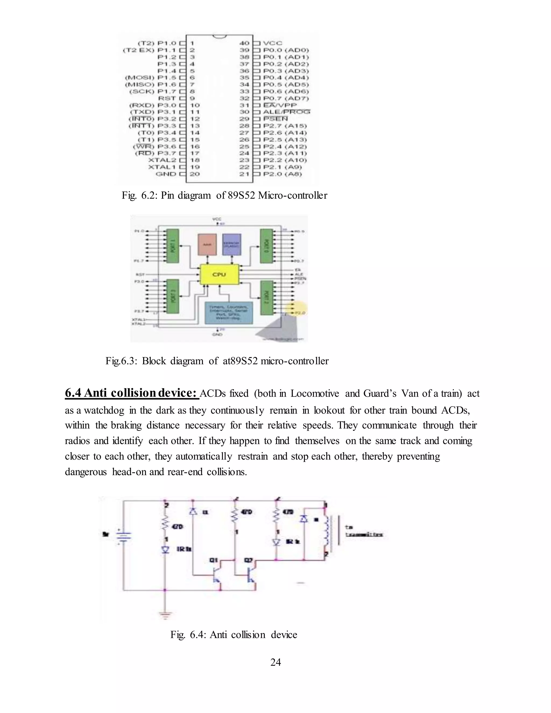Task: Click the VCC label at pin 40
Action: [273, 43]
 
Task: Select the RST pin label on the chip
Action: [167, 98]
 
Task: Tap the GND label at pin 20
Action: [165, 174]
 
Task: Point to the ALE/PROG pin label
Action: [287, 112]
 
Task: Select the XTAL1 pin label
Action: [162, 167]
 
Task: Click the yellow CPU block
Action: [219, 274]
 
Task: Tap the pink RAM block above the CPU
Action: [207, 244]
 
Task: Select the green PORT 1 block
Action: [173, 245]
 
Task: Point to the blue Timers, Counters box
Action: [228, 312]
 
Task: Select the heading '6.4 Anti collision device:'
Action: [132, 393]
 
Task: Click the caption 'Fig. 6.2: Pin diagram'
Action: [224, 196]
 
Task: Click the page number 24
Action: [275, 662]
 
